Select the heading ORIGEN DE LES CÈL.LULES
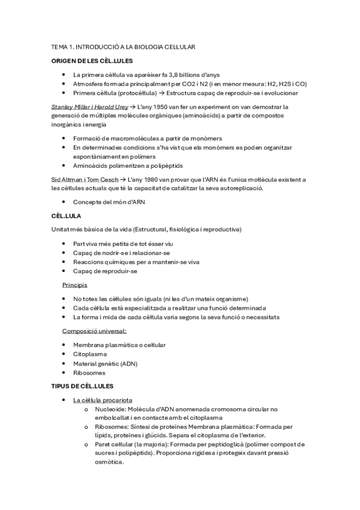pyautogui.click(x=92, y=61)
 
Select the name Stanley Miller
pyautogui.click(x=70, y=106)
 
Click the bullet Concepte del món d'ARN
pyautogui.click(x=109, y=201)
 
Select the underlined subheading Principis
pyautogui.click(x=75, y=284)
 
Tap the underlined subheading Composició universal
pyautogui.click(x=94, y=331)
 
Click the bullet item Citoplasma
pyautogui.click(x=89, y=354)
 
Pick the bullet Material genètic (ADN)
pyautogui.click(x=105, y=363)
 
